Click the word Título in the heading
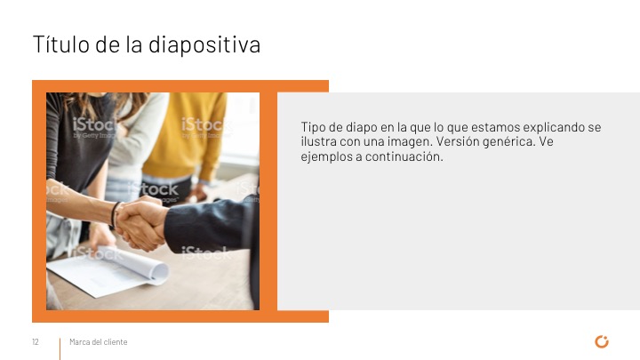(60, 44)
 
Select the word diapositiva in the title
(204, 45)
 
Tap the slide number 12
(36, 342)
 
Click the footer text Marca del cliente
(99, 342)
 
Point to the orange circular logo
(602, 341)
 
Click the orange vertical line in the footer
(60, 349)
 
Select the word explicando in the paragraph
(554, 127)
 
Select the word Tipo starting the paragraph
(313, 127)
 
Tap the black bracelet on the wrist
(114, 215)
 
